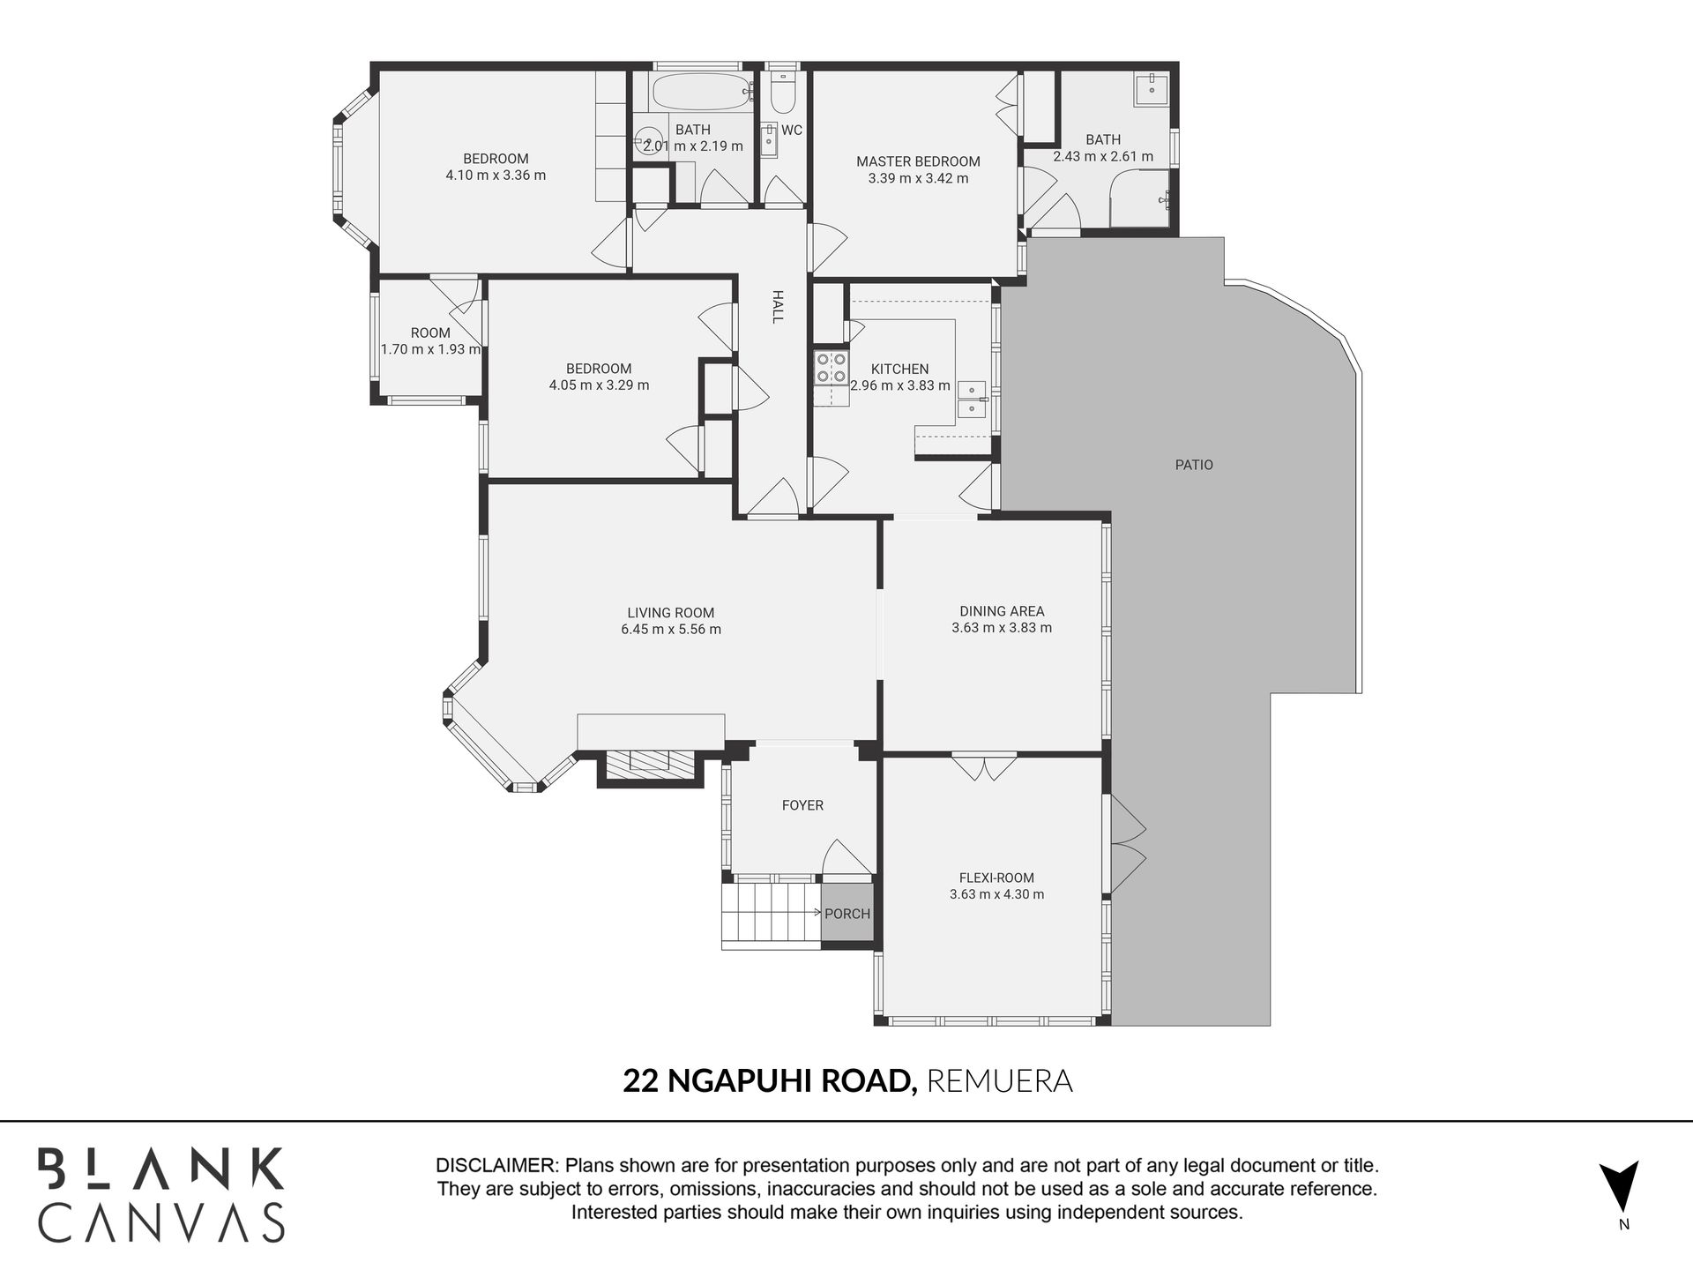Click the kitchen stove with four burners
click(x=831, y=367)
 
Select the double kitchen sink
click(x=972, y=400)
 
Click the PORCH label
click(x=847, y=914)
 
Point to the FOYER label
click(x=802, y=805)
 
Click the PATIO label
click(x=1194, y=465)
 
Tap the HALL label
click(x=778, y=306)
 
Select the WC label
click(x=792, y=131)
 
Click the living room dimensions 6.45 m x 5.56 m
click(x=671, y=630)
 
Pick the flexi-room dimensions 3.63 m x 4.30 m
click(x=996, y=894)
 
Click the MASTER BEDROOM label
click(x=918, y=161)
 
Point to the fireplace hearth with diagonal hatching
click(x=651, y=761)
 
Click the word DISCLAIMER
click(x=497, y=1165)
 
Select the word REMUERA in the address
click(x=999, y=1080)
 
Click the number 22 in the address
click(x=641, y=1080)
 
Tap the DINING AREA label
click(x=1002, y=611)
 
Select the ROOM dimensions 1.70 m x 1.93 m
click(x=430, y=349)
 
